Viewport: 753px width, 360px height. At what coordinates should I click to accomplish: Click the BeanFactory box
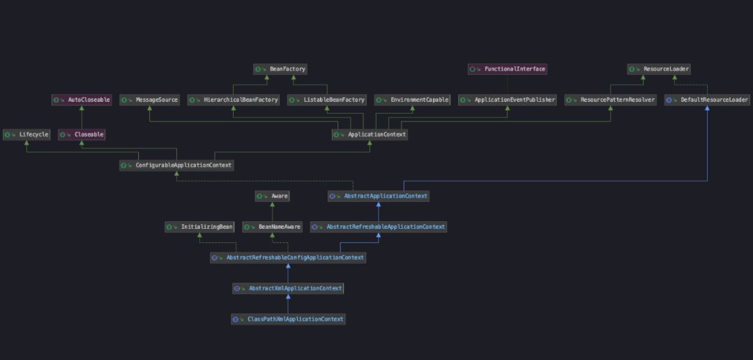pyautogui.click(x=280, y=69)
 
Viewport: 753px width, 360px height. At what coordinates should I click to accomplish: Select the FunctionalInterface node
pyautogui.click(x=507, y=69)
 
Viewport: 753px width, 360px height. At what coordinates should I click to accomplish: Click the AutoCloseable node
pyautogui.click(x=82, y=100)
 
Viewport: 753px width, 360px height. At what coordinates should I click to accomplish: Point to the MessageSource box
pyautogui.click(x=150, y=100)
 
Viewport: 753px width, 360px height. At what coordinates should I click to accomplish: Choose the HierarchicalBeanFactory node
pyautogui.click(x=234, y=100)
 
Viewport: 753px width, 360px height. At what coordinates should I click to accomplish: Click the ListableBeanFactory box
pyautogui.click(x=327, y=100)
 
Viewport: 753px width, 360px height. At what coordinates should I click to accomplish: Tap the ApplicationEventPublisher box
pyautogui.click(x=508, y=100)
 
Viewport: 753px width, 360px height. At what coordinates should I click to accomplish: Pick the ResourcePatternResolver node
pyautogui.click(x=611, y=100)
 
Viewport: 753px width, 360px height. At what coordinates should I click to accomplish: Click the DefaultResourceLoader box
pyautogui.click(x=707, y=100)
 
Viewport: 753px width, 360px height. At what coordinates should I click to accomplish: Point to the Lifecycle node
pyautogui.click(x=26, y=134)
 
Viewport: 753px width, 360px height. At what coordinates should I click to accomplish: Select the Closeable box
pyautogui.click(x=82, y=134)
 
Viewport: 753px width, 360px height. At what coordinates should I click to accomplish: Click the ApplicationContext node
pyautogui.click(x=370, y=134)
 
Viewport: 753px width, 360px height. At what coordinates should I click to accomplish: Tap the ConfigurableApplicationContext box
pyautogui.click(x=176, y=165)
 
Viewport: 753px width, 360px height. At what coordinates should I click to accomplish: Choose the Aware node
pyautogui.click(x=272, y=196)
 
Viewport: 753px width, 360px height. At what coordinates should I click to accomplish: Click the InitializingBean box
pyautogui.click(x=199, y=227)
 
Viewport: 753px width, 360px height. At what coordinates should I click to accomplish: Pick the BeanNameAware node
pyautogui.click(x=272, y=227)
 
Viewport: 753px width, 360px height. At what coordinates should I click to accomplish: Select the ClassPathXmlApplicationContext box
pyautogui.click(x=288, y=319)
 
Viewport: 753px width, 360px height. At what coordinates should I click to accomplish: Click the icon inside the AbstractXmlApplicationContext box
pyautogui.click(x=237, y=288)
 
